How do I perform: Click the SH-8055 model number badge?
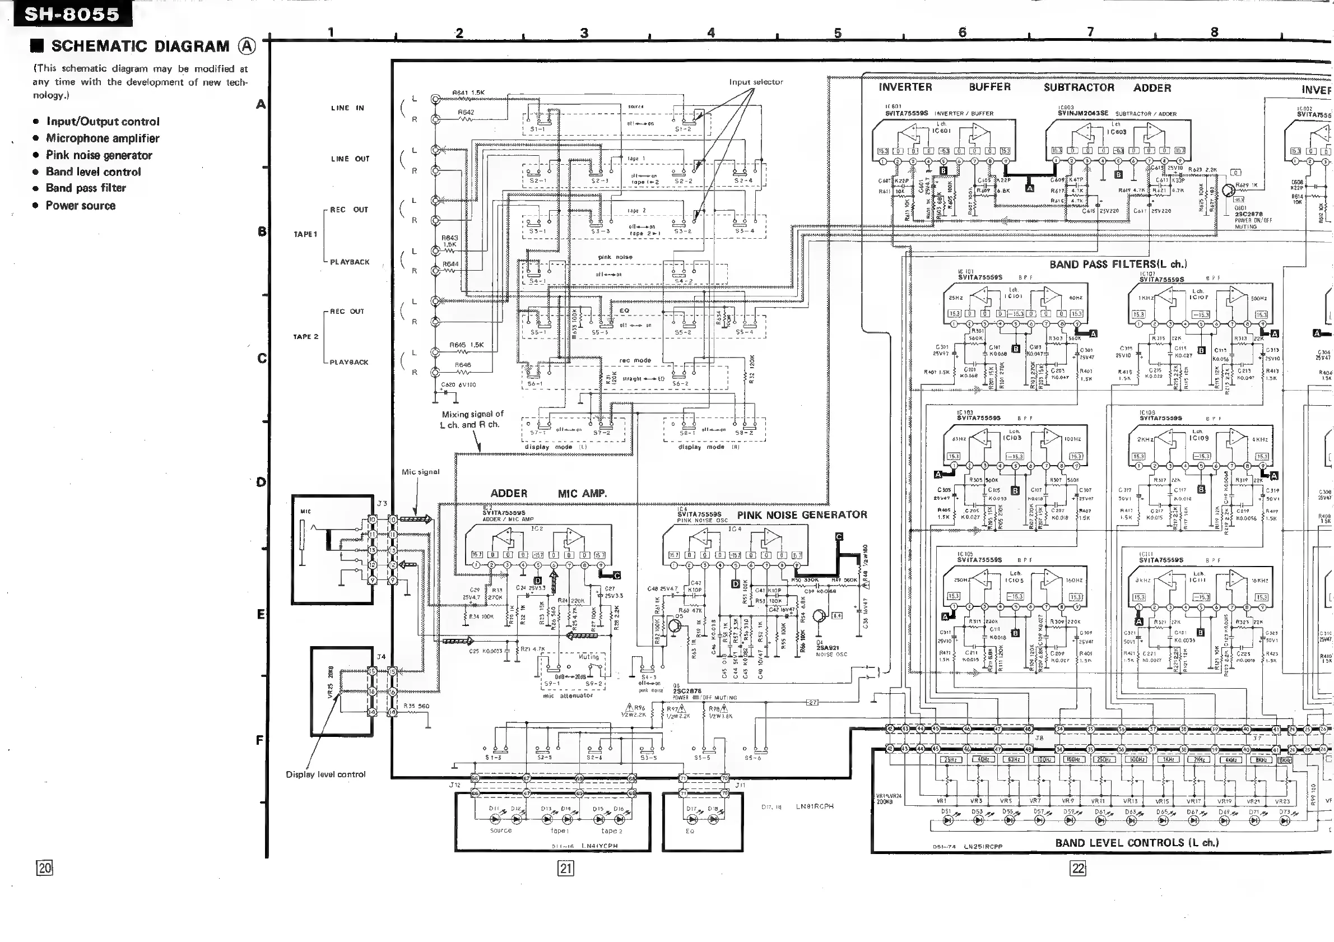[72, 14]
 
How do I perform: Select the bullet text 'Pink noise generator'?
[99, 155]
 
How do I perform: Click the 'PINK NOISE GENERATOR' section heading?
[802, 515]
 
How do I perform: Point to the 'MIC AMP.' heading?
[582, 494]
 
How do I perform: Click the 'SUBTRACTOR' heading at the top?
[1079, 88]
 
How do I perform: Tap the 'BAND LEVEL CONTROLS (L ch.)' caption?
[1136, 843]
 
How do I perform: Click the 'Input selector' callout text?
[756, 82]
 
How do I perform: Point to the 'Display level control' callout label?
[326, 774]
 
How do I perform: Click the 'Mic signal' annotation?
[421, 472]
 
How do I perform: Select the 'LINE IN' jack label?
[347, 108]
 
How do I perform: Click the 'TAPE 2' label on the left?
[306, 337]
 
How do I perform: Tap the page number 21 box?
[565, 869]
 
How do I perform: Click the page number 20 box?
[45, 869]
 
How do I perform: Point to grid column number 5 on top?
[837, 33]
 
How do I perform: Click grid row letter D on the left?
[262, 482]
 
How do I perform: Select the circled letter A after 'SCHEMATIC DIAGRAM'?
[247, 47]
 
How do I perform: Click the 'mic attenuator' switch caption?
[568, 695]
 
